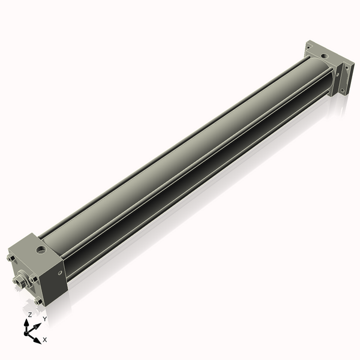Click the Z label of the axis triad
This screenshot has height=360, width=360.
click(30, 314)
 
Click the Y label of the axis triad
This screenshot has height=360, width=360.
click(44, 319)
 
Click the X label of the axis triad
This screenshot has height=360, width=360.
click(45, 340)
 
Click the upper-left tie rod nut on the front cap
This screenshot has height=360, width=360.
click(10, 258)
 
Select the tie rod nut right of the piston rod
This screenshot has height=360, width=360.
click(34, 278)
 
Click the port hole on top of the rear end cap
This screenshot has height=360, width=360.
click(325, 55)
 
